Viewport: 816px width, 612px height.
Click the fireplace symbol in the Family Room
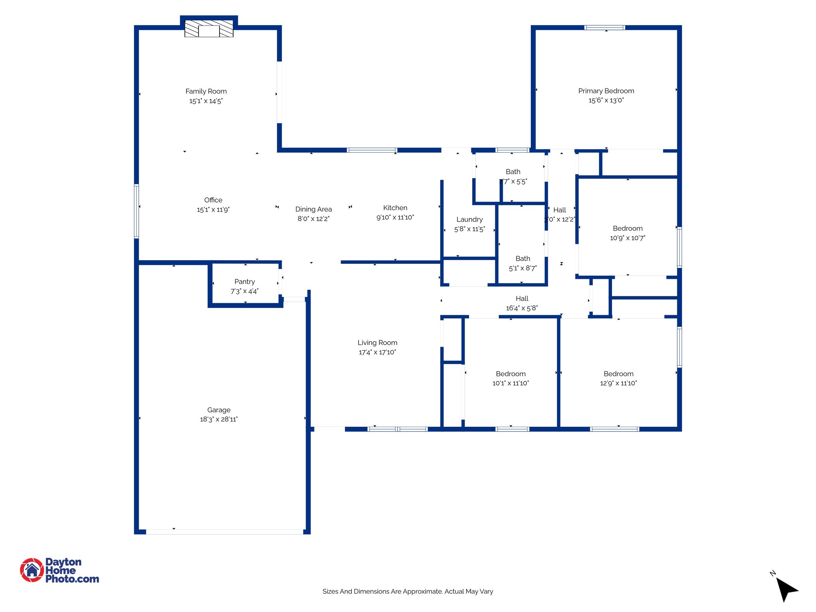pyautogui.click(x=209, y=29)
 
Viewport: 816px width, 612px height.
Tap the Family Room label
pyautogui.click(x=206, y=91)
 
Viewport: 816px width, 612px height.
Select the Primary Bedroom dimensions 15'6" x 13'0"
pyautogui.click(x=606, y=100)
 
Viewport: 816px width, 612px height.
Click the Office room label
pyautogui.click(x=213, y=200)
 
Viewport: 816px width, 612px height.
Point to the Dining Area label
pyautogui.click(x=314, y=209)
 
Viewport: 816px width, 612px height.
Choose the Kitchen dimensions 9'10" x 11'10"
pyautogui.click(x=395, y=218)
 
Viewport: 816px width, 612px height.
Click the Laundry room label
pyautogui.click(x=469, y=220)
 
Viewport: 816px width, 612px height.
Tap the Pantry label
pyautogui.click(x=245, y=282)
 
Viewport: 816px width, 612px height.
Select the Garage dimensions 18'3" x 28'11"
pyautogui.click(x=219, y=420)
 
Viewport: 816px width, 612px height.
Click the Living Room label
pyautogui.click(x=377, y=343)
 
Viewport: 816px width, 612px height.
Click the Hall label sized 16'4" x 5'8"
pyautogui.click(x=522, y=299)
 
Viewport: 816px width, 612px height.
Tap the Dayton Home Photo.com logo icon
pyautogui.click(x=32, y=570)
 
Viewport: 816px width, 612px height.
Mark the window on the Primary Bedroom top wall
pyautogui.click(x=604, y=27)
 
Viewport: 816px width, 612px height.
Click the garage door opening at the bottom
pyautogui.click(x=224, y=532)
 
